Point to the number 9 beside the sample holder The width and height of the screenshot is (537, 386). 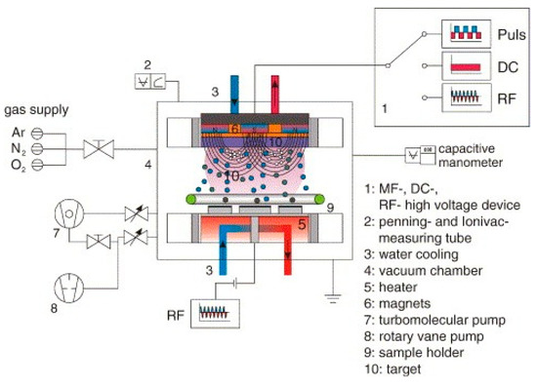pyautogui.click(x=330, y=206)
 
